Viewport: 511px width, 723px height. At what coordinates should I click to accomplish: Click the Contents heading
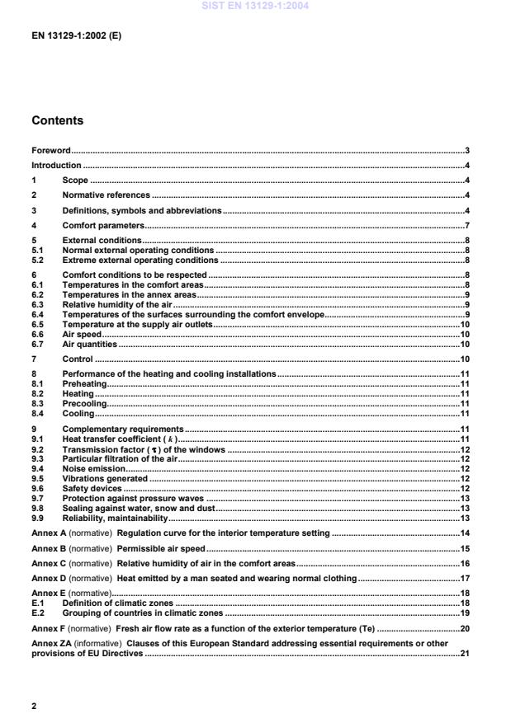(x=57, y=121)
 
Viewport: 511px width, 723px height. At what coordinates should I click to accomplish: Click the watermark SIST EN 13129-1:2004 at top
(x=255, y=7)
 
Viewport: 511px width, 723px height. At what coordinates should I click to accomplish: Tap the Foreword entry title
(x=50, y=151)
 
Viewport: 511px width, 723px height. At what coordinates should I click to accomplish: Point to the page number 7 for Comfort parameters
(x=467, y=225)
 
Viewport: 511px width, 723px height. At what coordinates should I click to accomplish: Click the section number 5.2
(x=37, y=260)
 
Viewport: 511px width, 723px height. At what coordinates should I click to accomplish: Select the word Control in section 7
(x=78, y=359)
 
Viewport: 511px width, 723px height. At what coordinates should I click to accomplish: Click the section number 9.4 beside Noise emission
(x=37, y=468)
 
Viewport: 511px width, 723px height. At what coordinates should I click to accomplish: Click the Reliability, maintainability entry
(x=115, y=518)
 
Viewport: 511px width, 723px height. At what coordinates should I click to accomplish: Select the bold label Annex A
(x=48, y=533)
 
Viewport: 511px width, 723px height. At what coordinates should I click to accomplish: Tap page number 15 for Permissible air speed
(x=465, y=548)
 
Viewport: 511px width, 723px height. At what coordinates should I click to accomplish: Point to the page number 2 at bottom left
(x=34, y=706)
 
